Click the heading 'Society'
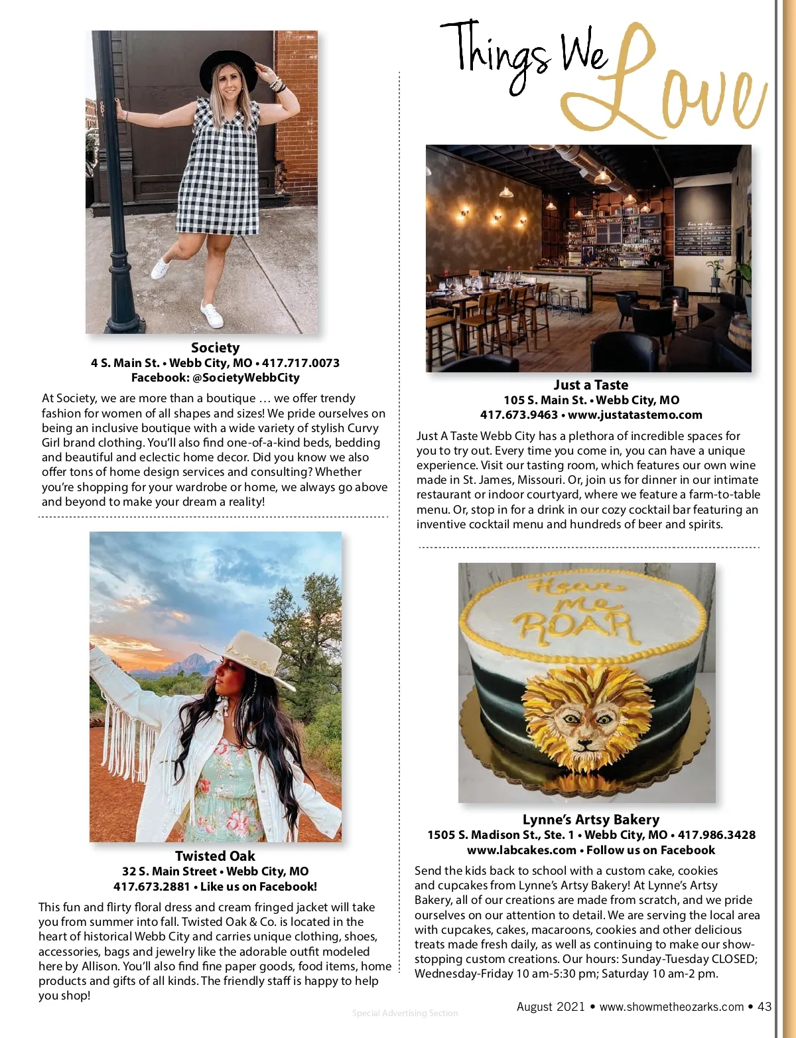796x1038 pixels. coord(215,347)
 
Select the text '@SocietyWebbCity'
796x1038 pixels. coord(245,378)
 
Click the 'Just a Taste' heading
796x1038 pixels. coord(590,385)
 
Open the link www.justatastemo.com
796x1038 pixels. coord(635,415)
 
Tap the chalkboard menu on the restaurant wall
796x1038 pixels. coord(703,239)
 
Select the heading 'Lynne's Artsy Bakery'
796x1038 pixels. coord(590,820)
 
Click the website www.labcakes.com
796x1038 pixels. coord(521,850)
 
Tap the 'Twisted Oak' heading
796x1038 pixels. coord(215,856)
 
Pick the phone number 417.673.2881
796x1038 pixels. coord(151,887)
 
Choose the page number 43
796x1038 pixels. coord(764,1006)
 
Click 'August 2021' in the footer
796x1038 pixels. coord(551,1006)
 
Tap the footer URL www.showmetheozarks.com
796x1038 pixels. coord(671,1007)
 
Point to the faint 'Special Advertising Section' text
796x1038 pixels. coord(405,1013)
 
